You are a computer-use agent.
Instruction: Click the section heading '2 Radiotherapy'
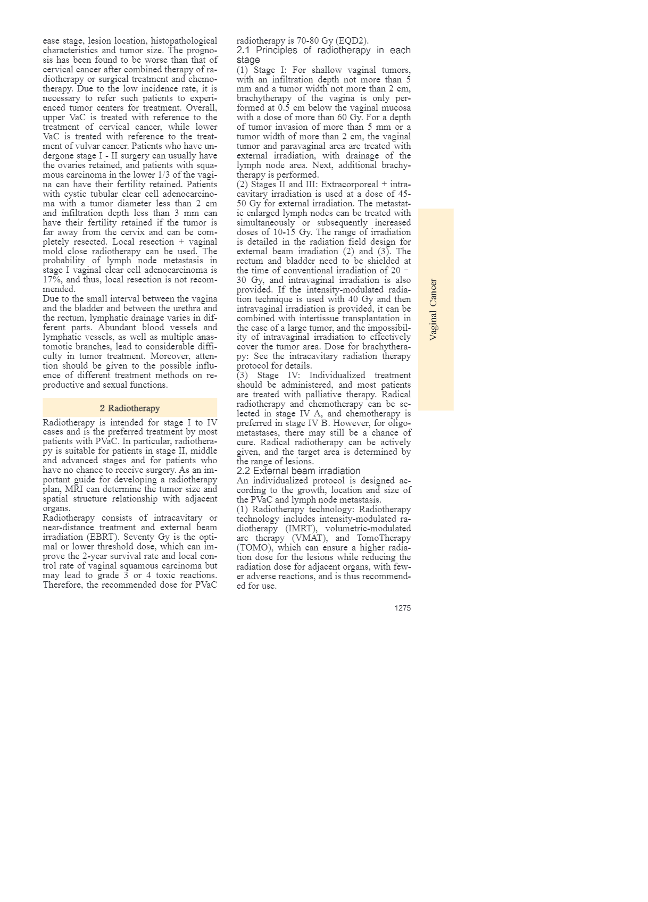coord(130,408)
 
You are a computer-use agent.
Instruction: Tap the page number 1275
coord(402,608)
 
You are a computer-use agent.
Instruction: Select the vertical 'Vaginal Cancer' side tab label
coord(434,310)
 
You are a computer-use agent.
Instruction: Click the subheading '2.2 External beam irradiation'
coord(298,471)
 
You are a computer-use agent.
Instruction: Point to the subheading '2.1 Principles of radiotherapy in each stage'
coord(323,55)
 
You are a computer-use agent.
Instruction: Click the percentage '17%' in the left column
coord(53,280)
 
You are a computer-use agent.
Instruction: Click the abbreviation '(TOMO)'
coord(253,548)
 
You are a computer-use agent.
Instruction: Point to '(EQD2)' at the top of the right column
coord(352,41)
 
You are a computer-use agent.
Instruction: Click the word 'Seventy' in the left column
coord(139,537)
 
